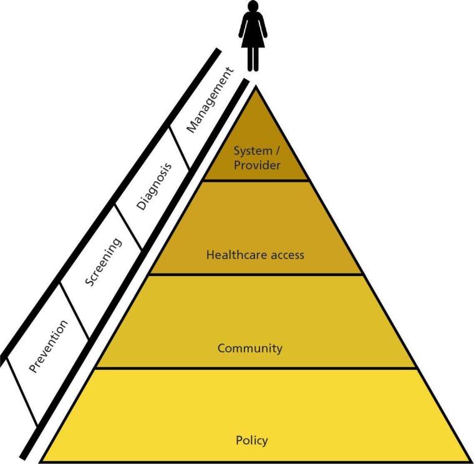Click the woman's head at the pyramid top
(253, 6)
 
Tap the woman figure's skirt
(253, 36)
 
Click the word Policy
(252, 440)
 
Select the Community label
(249, 348)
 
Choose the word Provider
(257, 165)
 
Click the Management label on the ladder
(210, 100)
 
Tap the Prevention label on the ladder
(48, 346)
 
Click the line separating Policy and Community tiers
(256, 368)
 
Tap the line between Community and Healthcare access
(256, 274)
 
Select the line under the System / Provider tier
(256, 181)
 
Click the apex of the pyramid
(256, 87)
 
